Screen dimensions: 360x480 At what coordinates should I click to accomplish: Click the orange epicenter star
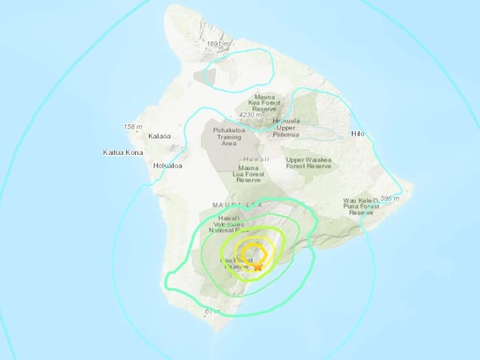coord(257,268)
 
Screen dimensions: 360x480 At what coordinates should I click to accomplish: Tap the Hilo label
coord(359,135)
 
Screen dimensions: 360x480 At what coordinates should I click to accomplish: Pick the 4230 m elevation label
coord(251,115)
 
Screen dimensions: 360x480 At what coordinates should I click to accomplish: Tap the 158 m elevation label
coord(132,127)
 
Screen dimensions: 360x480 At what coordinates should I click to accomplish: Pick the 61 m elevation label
coord(212,312)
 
